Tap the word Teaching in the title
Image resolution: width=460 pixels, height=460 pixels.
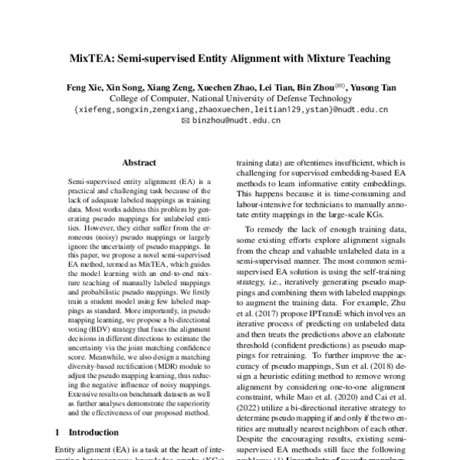pos(363,58)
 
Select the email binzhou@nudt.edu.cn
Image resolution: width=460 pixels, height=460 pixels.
pos(235,120)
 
